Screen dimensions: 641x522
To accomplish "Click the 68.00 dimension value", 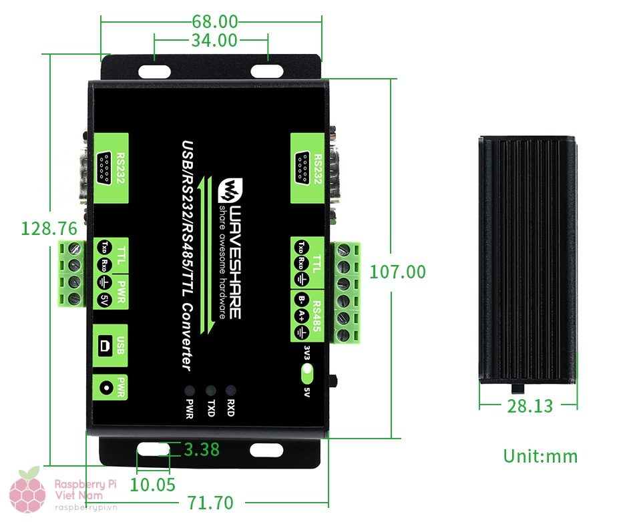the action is [x=215, y=21].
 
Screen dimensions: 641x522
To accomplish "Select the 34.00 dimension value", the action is [x=214, y=41].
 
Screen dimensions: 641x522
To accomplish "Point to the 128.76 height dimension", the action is [x=49, y=228].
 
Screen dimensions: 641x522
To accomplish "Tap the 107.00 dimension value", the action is [x=397, y=272].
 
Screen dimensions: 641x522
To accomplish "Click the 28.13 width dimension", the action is [x=529, y=406].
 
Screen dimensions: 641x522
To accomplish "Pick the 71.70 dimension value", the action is [x=210, y=503].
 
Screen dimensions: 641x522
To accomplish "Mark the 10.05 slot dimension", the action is [x=152, y=485].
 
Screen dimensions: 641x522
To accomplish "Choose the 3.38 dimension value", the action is [x=202, y=450].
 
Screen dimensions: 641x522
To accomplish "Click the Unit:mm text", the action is [x=540, y=456].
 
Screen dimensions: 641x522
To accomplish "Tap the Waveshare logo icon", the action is [x=230, y=190].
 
